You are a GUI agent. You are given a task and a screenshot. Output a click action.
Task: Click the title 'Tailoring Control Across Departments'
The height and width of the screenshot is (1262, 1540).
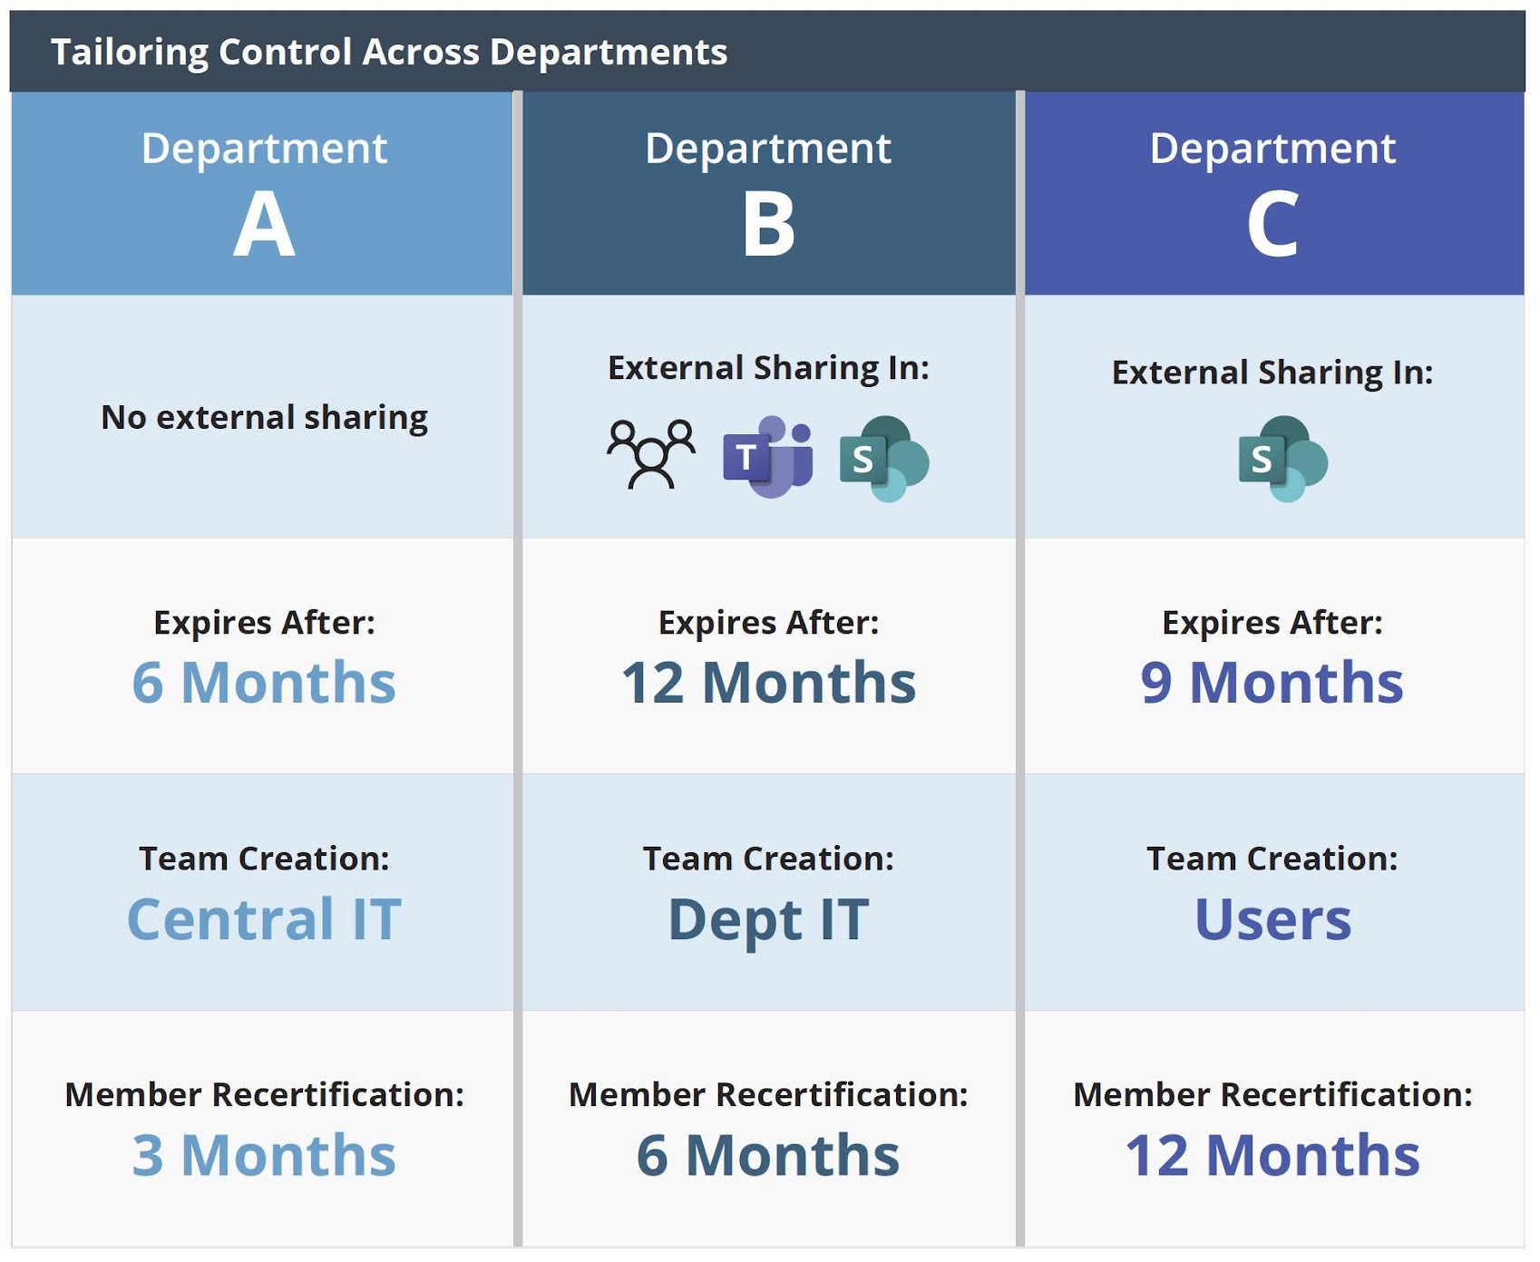coord(389,53)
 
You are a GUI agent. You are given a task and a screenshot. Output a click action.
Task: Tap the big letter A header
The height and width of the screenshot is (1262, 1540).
coord(264,225)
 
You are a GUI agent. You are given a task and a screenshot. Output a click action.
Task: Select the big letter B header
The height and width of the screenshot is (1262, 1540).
coord(768,225)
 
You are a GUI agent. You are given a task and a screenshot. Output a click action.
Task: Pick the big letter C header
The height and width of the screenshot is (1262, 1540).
coord(1272,225)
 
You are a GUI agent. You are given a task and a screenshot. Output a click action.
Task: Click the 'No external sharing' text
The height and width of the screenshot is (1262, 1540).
coord(264,417)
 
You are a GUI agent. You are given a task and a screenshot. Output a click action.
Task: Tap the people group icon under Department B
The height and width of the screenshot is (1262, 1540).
coord(651,454)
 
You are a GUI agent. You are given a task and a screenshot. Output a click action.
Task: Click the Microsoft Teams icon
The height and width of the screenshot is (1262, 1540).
coord(768,457)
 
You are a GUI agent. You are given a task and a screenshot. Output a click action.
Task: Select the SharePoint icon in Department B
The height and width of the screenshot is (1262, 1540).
coord(884,459)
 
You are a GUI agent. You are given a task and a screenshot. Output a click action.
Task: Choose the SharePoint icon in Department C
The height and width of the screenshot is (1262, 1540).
coord(1282,459)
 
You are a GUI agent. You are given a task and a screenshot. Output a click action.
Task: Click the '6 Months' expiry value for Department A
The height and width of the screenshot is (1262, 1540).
coord(264,682)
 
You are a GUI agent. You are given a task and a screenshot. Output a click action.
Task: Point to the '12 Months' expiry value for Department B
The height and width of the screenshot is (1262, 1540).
coord(768,682)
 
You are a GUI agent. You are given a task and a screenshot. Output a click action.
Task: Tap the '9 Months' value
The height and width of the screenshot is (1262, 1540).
coord(1272,682)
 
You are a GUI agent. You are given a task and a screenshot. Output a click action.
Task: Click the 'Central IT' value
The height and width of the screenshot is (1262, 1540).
coord(264,919)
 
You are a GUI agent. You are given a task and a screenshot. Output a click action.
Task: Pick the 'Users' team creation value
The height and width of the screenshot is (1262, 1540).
coord(1272,919)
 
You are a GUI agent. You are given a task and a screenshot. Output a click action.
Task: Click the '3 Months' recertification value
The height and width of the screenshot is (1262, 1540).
coord(264,1155)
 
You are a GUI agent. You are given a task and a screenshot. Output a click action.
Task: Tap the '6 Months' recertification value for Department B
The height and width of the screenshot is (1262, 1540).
coord(768,1155)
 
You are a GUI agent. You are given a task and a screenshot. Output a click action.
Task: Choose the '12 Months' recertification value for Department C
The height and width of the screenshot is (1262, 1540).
coord(1272,1155)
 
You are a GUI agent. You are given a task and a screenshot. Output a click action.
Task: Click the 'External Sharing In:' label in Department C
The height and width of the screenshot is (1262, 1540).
coord(1272,373)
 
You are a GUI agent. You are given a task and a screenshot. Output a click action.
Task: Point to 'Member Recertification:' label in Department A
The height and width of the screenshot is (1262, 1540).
coord(264,1094)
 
